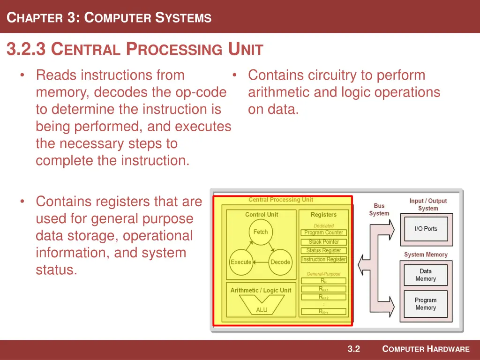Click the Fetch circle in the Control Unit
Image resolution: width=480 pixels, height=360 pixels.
click(x=261, y=232)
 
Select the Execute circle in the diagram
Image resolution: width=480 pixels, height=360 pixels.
click(x=241, y=262)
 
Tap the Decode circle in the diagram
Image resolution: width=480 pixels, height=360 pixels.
click(x=280, y=262)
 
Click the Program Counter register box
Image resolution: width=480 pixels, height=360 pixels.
click(x=324, y=232)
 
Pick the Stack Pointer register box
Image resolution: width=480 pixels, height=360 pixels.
click(x=324, y=242)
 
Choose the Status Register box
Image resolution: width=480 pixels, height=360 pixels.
click(x=324, y=250)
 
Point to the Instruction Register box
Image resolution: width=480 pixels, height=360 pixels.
click(x=324, y=259)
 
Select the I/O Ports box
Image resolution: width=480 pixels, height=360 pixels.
click(x=426, y=229)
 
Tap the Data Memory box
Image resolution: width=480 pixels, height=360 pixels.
click(x=426, y=275)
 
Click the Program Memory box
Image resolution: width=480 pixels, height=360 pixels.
click(x=426, y=304)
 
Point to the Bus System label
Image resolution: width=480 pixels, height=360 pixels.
click(x=379, y=210)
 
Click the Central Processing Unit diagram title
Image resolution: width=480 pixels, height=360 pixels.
click(x=281, y=200)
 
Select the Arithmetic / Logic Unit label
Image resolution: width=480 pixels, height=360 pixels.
click(x=261, y=290)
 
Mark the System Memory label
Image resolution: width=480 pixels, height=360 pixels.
click(x=426, y=255)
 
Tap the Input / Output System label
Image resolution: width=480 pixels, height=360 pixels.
click(x=428, y=204)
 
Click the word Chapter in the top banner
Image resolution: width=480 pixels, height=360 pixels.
click(x=35, y=18)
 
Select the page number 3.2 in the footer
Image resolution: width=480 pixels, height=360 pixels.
click(x=353, y=349)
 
